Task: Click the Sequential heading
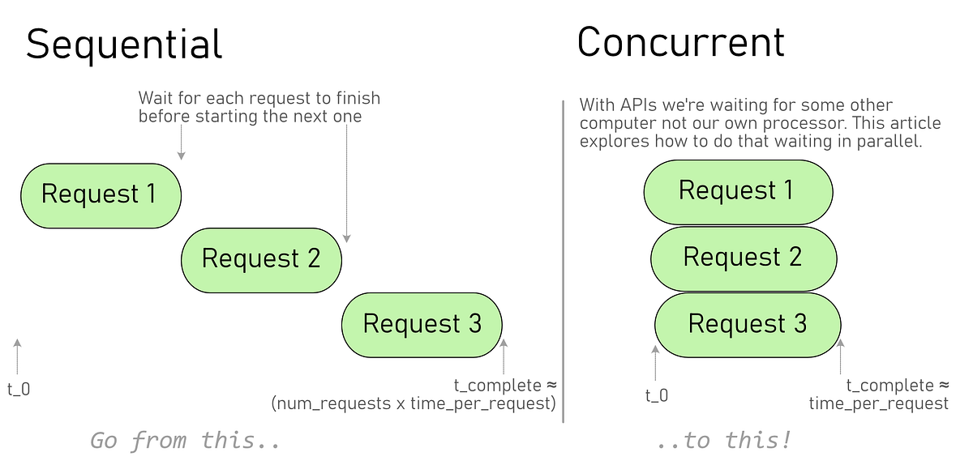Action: click(124, 44)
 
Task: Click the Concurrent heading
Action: click(680, 42)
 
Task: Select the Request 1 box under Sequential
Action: click(101, 195)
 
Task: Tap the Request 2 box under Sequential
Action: click(261, 259)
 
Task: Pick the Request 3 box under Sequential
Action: click(422, 324)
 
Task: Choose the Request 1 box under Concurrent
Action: click(738, 191)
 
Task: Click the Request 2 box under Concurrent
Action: click(743, 258)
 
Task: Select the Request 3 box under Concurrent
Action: click(748, 324)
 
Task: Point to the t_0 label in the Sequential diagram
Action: click(19, 389)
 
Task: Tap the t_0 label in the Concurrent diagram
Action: click(657, 395)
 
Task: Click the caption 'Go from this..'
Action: click(185, 441)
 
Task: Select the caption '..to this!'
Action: click(723, 441)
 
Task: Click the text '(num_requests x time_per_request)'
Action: click(414, 403)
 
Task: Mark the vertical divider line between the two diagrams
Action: click(564, 259)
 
